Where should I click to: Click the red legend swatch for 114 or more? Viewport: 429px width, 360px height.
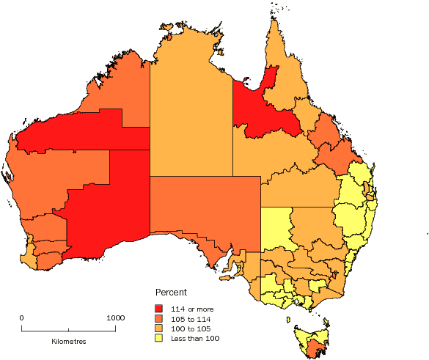click(158, 308)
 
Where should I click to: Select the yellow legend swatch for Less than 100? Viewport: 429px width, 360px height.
click(158, 338)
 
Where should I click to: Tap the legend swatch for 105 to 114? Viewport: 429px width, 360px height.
click(158, 318)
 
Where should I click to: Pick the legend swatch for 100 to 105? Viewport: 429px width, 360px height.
click(158, 328)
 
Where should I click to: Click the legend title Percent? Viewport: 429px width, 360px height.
click(170, 292)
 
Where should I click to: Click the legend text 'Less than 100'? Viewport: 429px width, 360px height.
click(192, 338)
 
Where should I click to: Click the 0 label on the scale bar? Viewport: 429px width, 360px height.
click(21, 317)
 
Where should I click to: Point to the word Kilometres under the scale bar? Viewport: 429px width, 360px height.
click(69, 342)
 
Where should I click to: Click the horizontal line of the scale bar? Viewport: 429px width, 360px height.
click(68, 329)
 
